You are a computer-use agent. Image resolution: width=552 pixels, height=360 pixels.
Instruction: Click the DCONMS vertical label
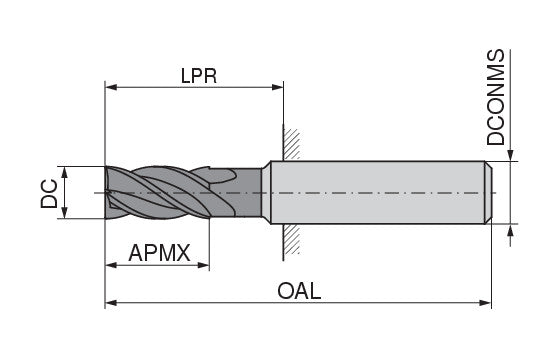point(497,98)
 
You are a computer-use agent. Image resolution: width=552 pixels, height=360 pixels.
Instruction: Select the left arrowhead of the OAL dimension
point(111,303)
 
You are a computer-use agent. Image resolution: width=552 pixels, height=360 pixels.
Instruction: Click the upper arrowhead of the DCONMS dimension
point(512,154)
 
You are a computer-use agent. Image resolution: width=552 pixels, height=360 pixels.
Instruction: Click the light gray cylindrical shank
point(380,191)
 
